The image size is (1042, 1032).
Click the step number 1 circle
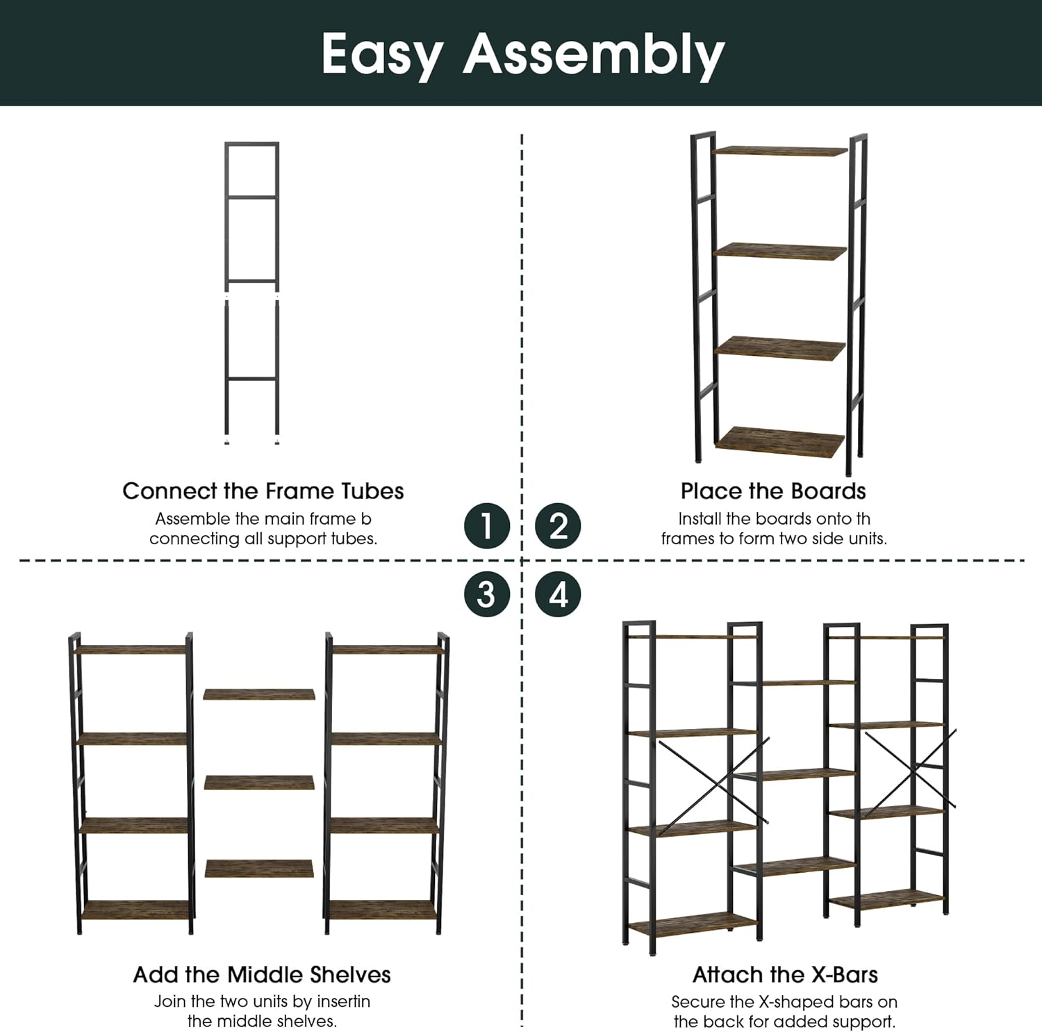pos(487,525)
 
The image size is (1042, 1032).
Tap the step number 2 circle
pos(558,525)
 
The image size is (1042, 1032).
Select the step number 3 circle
pos(487,594)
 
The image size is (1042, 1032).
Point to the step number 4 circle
pos(558,594)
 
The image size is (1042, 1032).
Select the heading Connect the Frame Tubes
pos(263,491)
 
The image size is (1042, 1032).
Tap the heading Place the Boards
pos(773,491)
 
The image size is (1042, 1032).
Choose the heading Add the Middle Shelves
pos(262,974)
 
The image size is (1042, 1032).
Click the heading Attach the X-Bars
pos(785,974)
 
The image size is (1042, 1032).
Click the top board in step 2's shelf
pos(781,151)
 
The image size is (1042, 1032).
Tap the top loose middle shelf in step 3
pos(258,694)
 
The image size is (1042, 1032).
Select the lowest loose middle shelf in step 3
pos(258,869)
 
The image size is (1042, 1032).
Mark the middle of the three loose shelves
pos(258,783)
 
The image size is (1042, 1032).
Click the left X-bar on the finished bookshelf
pos(713,781)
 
